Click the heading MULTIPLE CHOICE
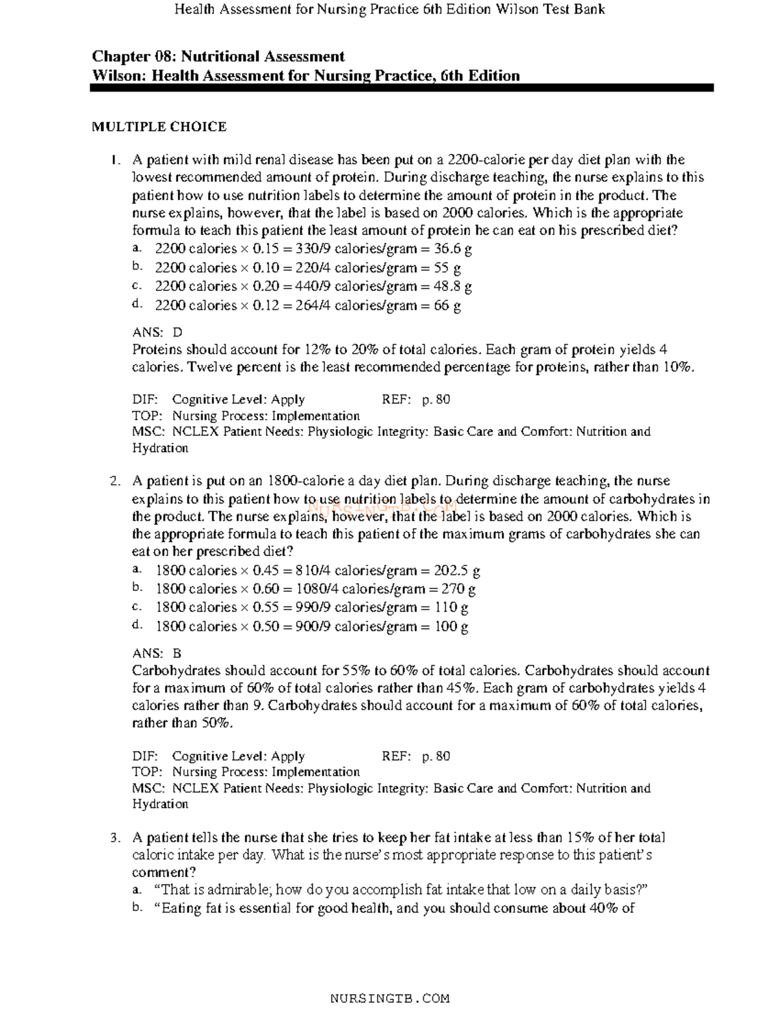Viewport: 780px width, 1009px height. pos(159,127)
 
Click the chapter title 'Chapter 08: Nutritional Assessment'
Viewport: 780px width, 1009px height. pos(218,57)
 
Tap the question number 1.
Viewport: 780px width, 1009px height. pos(115,160)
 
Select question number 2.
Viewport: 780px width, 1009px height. pos(115,481)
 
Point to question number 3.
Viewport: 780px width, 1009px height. pos(115,838)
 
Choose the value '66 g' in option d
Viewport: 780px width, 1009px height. pos(447,305)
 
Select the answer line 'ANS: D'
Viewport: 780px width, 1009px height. pos(157,332)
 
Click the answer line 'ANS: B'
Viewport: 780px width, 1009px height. pos(157,653)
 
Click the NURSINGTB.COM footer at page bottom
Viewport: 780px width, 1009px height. pos(390,998)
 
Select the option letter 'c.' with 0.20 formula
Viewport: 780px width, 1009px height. pos(136,286)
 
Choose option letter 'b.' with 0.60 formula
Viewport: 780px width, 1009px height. pos(136,588)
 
